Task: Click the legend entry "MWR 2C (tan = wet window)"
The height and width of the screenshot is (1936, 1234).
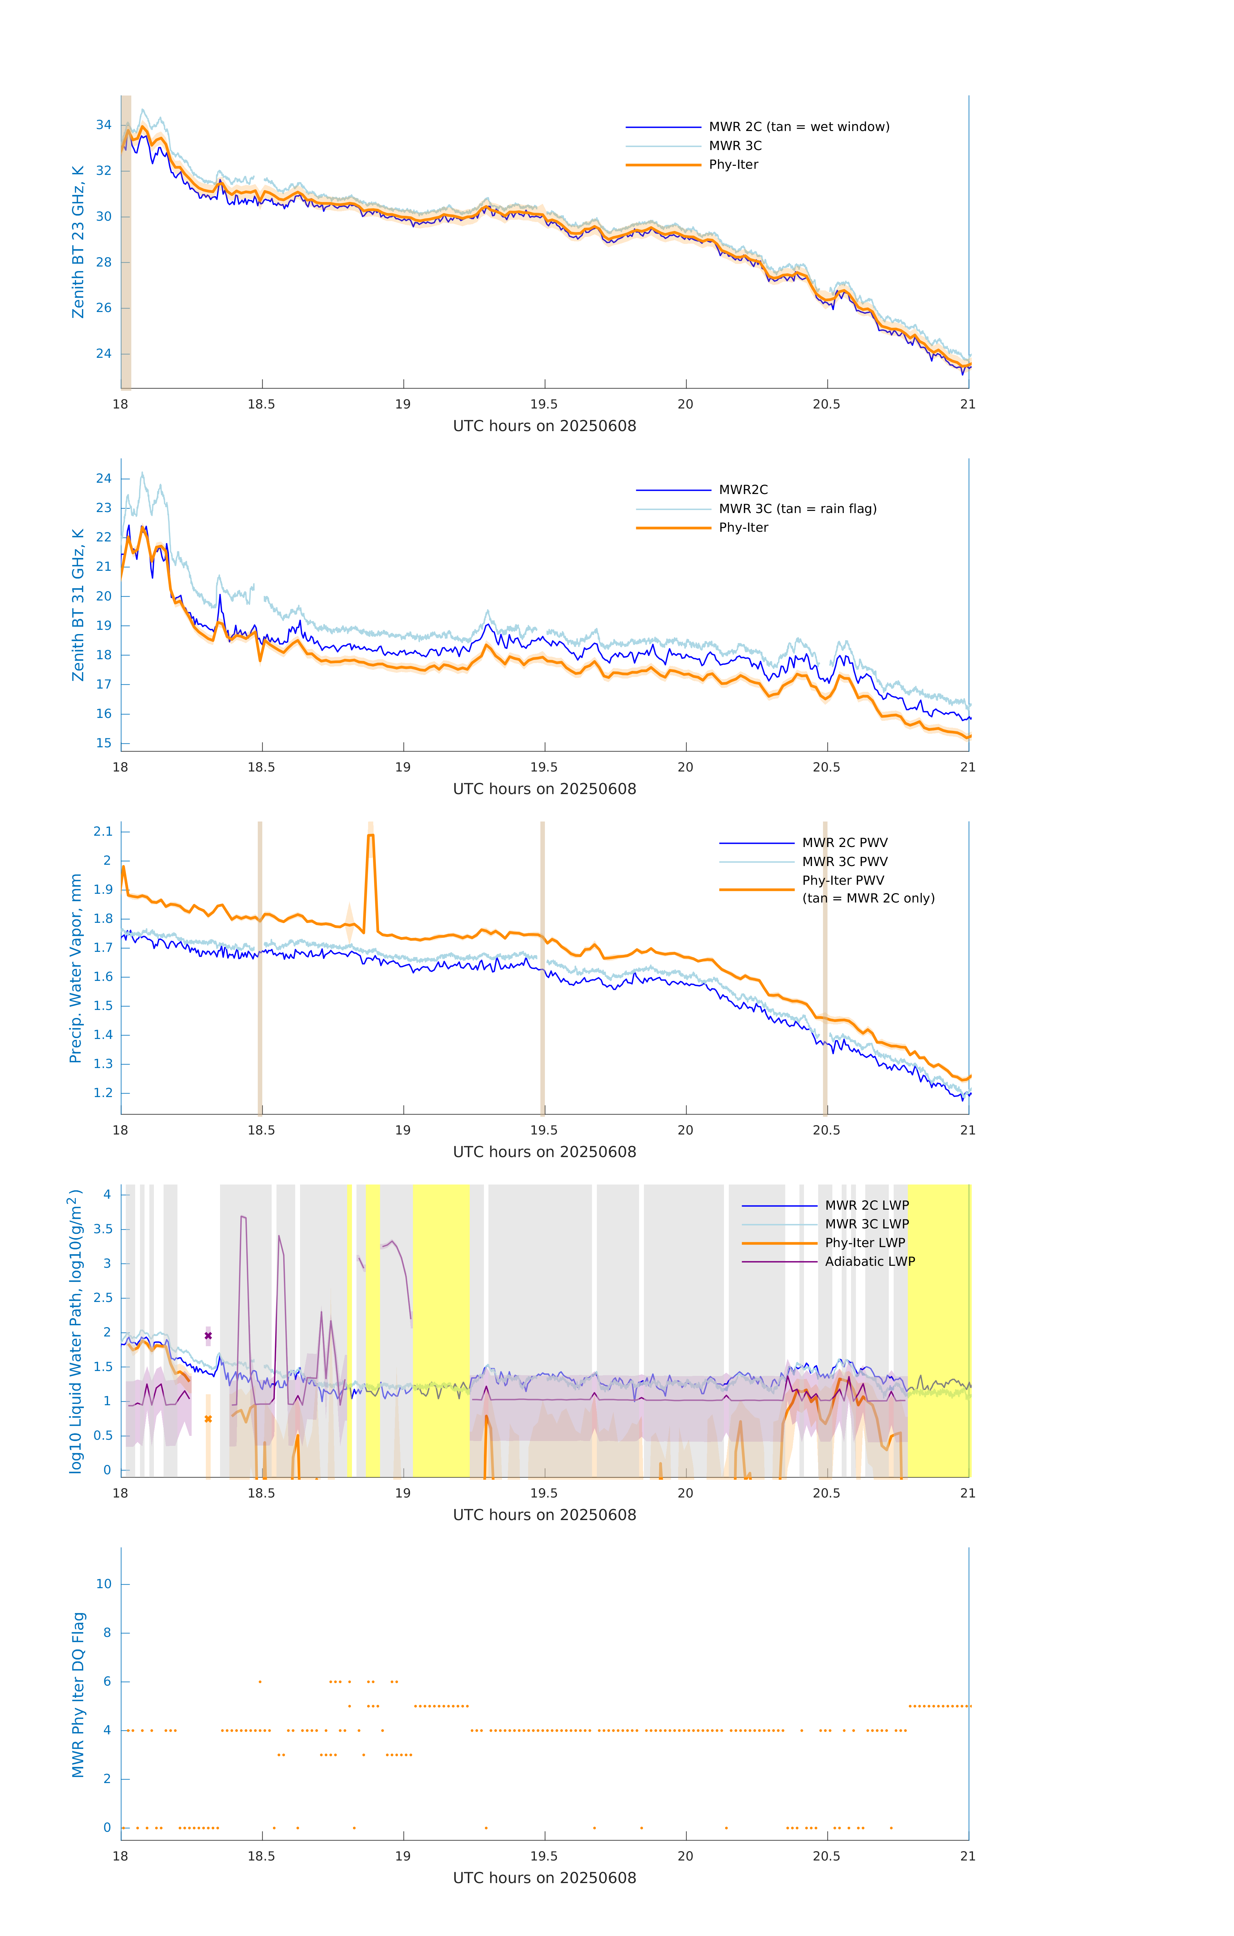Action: tap(798, 127)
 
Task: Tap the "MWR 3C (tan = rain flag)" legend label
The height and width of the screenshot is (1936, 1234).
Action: tap(797, 509)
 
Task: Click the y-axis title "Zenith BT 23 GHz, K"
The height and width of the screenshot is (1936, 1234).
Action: tap(78, 242)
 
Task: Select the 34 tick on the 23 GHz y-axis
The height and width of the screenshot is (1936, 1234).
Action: tap(104, 126)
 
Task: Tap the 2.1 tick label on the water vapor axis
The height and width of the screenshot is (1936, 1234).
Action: tap(103, 831)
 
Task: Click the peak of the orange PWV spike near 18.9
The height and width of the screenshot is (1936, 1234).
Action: tap(371, 836)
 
